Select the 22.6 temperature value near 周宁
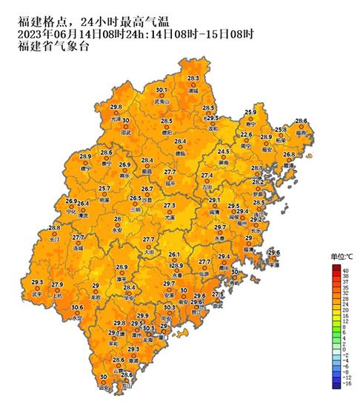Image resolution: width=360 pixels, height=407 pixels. [246, 135]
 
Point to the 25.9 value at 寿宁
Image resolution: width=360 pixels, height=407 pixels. [250, 112]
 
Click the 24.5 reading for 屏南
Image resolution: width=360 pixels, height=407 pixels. [223, 152]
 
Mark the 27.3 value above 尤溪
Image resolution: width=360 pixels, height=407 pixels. [170, 205]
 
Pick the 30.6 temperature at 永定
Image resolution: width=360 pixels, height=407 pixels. [77, 307]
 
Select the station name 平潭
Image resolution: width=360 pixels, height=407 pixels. [274, 263]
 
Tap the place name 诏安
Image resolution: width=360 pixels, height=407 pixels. [103, 387]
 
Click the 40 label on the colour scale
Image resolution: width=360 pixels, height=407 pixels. [344, 271]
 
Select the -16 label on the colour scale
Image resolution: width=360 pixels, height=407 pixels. [344, 386]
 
